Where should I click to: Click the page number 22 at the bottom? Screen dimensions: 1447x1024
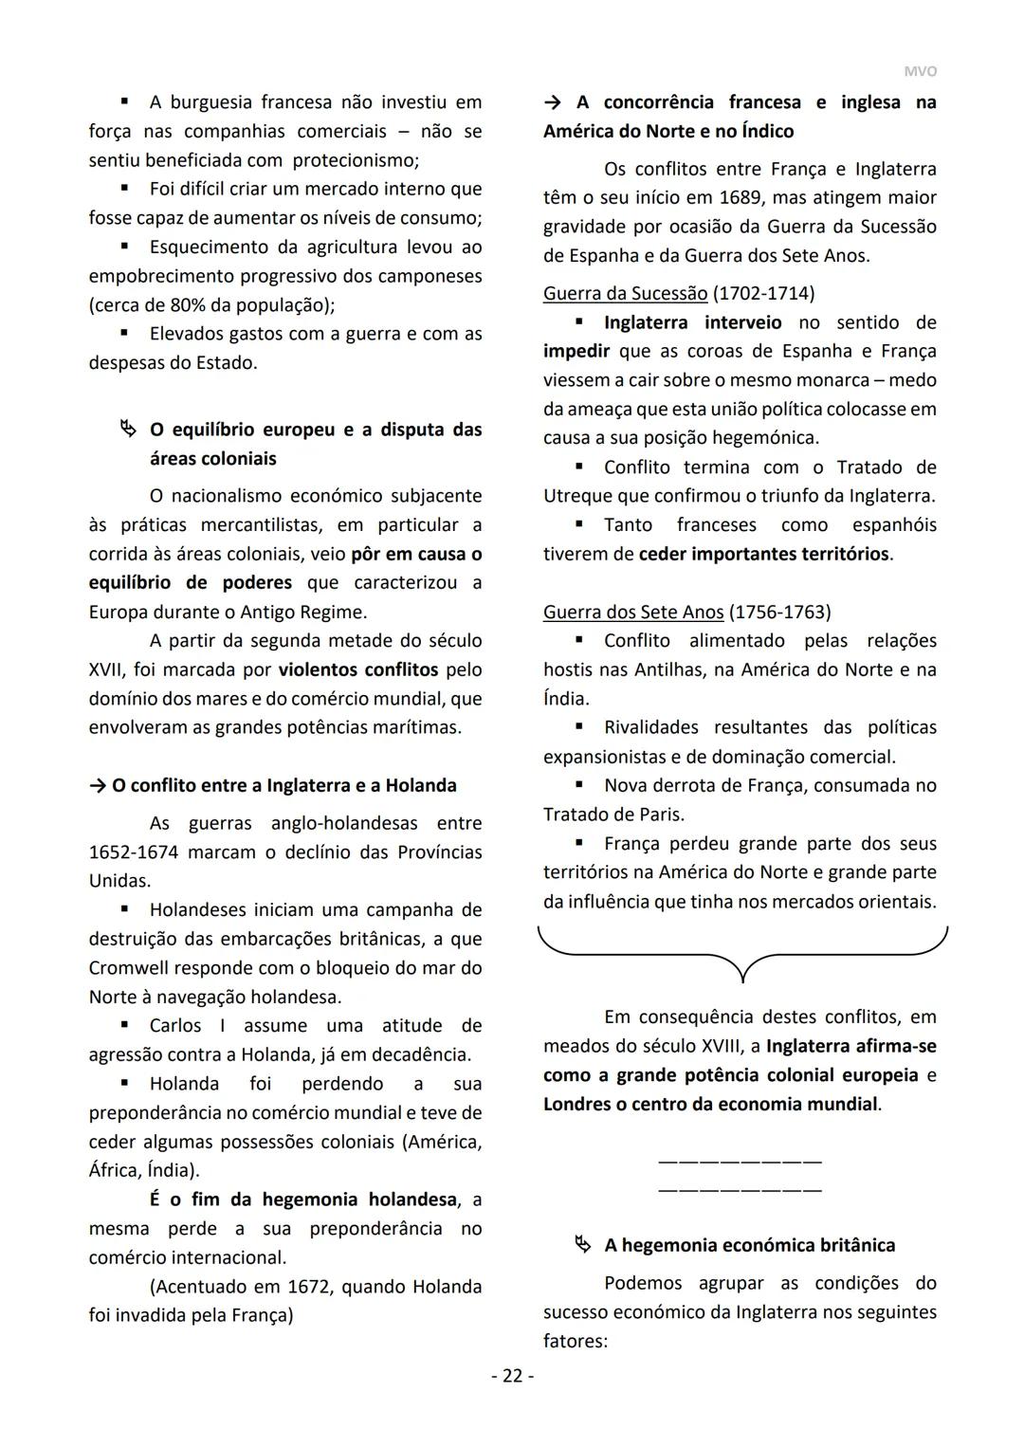coord(512,1376)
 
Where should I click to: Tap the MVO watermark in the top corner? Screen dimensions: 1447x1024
coord(920,71)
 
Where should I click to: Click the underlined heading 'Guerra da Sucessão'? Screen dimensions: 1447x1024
coord(625,294)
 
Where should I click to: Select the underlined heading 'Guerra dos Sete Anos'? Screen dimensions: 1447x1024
coord(633,613)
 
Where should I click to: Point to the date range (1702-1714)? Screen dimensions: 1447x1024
coord(763,294)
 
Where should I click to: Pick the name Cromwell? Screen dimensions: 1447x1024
coord(131,968)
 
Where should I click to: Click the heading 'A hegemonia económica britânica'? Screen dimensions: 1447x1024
coord(749,1245)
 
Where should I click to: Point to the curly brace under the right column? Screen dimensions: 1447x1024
coord(742,953)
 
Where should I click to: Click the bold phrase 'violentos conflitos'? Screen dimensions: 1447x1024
coord(358,670)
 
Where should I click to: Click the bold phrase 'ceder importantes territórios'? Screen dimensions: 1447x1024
coord(763,554)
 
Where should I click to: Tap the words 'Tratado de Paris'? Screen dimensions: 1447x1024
coord(613,815)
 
